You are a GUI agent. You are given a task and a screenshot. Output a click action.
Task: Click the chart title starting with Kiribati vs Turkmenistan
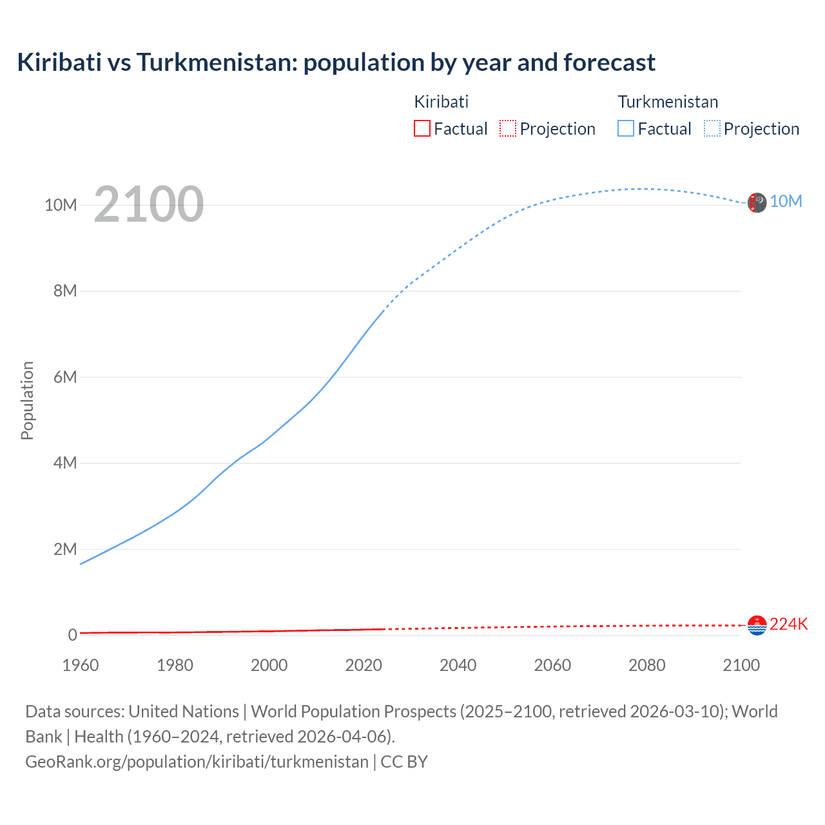[x=336, y=63]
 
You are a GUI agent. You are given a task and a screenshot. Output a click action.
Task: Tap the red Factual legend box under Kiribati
[x=422, y=128]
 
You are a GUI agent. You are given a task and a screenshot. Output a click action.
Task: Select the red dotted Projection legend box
[x=508, y=128]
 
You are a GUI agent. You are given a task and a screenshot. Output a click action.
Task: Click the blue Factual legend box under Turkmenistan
[x=626, y=128]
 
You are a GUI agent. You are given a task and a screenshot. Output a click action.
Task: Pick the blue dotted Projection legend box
[x=712, y=128]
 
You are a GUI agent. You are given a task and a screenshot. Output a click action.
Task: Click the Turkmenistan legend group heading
[x=668, y=102]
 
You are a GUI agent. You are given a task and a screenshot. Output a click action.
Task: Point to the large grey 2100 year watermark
[x=149, y=204]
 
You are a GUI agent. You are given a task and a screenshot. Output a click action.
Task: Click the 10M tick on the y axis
[x=61, y=205]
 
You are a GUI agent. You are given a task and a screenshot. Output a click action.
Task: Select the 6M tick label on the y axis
[x=65, y=377]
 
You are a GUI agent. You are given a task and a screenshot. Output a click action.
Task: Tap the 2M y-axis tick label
[x=65, y=549]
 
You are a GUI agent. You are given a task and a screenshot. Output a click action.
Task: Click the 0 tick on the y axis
[x=73, y=635]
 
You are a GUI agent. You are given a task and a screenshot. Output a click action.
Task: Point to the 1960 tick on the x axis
[x=81, y=665]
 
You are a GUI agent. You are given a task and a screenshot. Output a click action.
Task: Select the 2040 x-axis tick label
[x=458, y=665]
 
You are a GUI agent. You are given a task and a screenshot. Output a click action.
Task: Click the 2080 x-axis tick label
[x=647, y=665]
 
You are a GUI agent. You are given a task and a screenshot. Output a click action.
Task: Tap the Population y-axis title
[x=27, y=400]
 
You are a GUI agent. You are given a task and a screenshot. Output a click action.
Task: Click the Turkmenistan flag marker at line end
[x=757, y=202]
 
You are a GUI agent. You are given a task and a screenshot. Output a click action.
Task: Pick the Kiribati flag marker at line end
[x=757, y=625]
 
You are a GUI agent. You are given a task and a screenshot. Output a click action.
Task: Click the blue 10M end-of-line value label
[x=786, y=201]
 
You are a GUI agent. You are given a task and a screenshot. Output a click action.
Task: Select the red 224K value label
[x=788, y=624]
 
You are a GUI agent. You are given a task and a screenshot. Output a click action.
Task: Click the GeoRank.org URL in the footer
[x=197, y=761]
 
